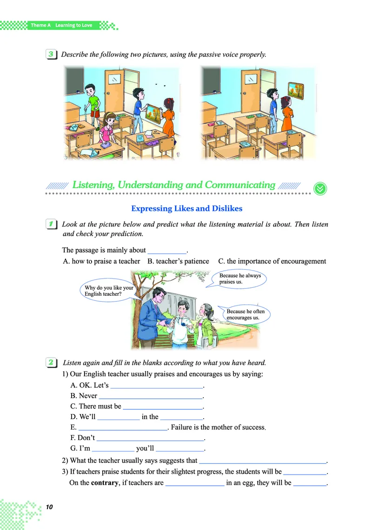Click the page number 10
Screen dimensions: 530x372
click(50, 507)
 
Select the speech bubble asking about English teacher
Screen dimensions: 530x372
click(109, 291)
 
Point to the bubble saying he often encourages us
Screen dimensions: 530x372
click(246, 314)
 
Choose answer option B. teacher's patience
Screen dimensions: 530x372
click(178, 261)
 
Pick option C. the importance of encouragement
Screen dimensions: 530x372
click(272, 261)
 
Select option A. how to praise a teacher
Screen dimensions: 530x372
click(101, 261)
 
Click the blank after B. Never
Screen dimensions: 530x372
click(151, 396)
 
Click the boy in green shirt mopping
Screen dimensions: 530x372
click(94, 102)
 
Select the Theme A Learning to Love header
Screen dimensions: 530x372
click(61, 25)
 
